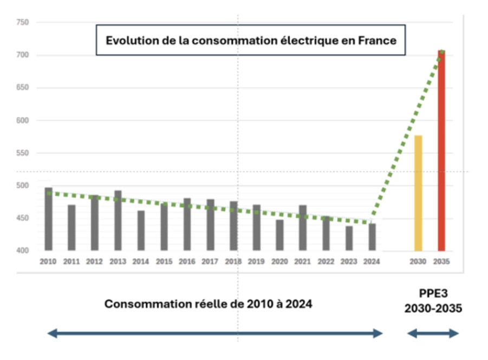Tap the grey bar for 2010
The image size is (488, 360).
pyautogui.click(x=49, y=219)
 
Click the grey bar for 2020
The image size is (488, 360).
pyautogui.click(x=279, y=235)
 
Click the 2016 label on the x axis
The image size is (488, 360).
pyautogui.click(x=187, y=261)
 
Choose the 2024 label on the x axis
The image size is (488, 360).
pyautogui.click(x=372, y=261)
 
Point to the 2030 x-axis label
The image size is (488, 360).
pyautogui.click(x=418, y=261)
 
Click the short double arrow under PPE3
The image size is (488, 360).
pyautogui.click(x=433, y=333)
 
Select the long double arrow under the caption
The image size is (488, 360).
pyautogui.click(x=215, y=333)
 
